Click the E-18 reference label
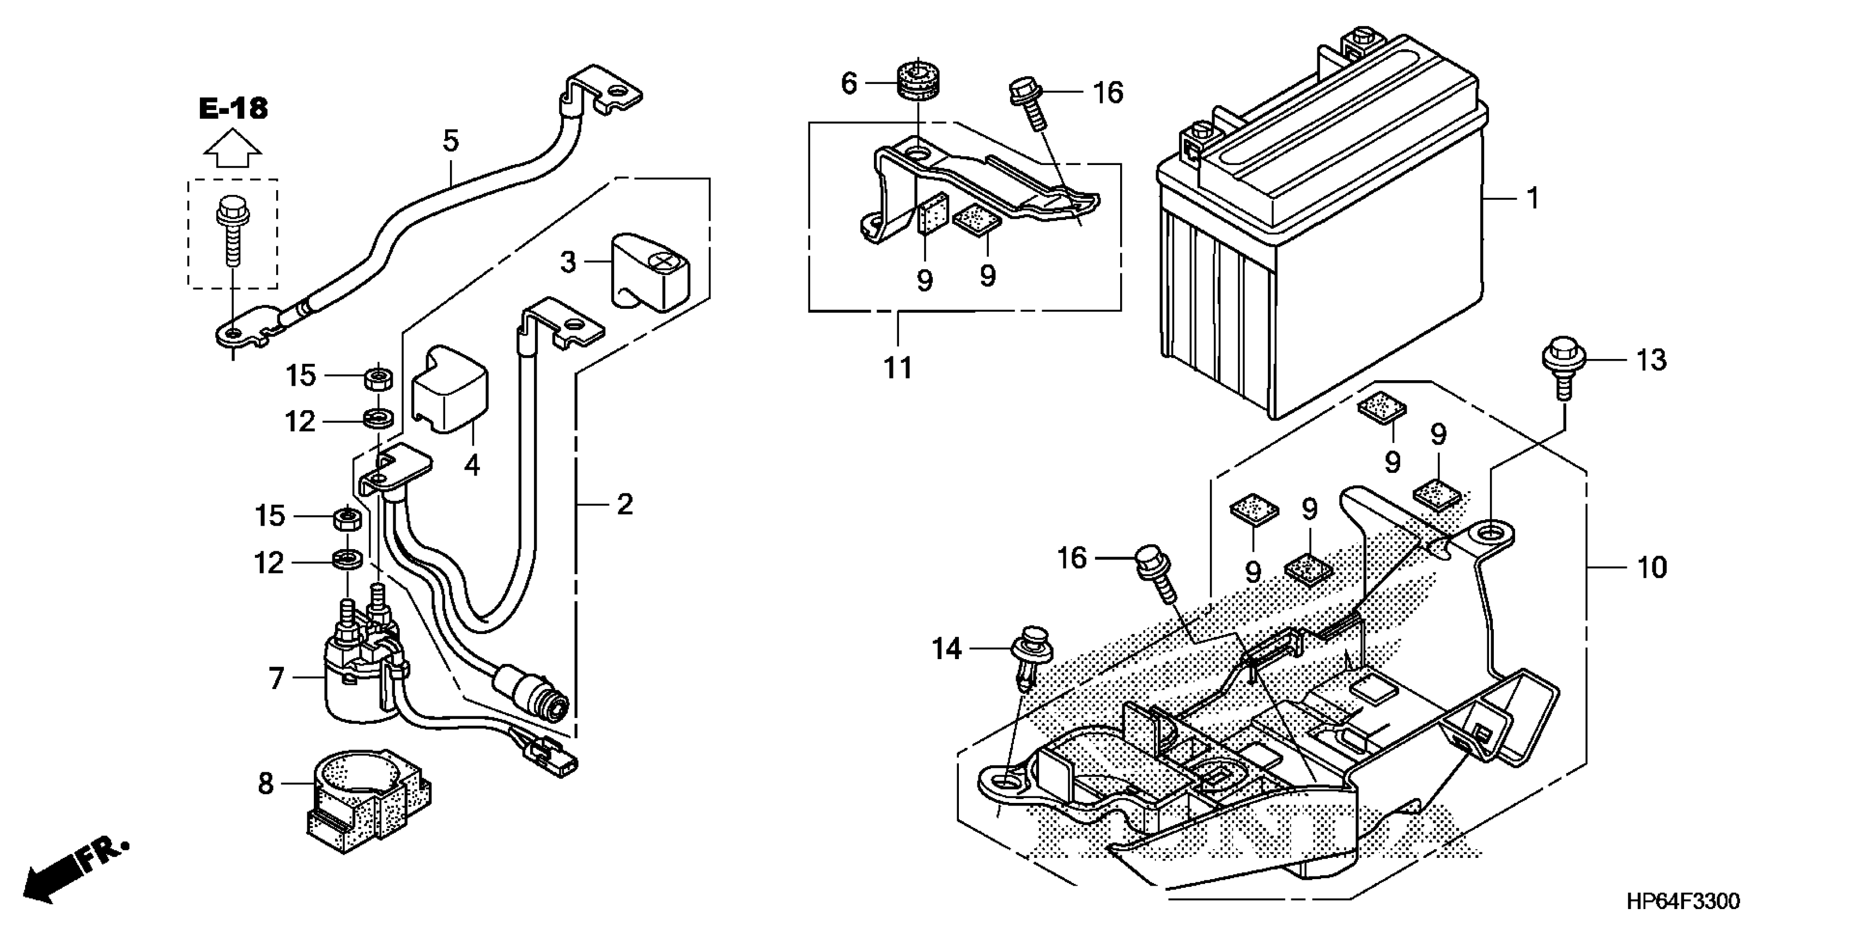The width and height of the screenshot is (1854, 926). [233, 108]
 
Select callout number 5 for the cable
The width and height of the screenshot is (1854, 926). [450, 141]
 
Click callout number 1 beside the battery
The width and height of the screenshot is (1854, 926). [1533, 198]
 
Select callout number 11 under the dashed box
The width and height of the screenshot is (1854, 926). [897, 368]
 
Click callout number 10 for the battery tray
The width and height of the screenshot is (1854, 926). [1652, 567]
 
